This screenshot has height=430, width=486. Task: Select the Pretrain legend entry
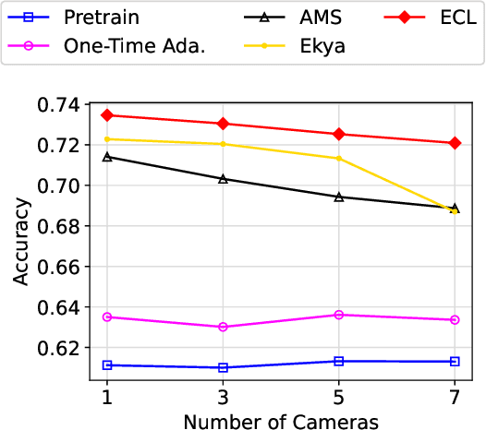[x=74, y=17]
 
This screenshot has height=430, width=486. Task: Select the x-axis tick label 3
[x=223, y=395]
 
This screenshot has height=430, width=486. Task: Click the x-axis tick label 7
[x=455, y=395]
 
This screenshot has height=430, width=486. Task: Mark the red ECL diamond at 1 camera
[x=107, y=115]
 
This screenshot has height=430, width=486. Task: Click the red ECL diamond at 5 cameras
[x=339, y=134]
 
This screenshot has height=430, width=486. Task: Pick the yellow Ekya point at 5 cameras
[x=339, y=159]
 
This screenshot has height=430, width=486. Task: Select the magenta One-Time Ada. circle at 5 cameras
[x=339, y=315]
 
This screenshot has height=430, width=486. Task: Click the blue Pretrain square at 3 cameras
[x=223, y=367]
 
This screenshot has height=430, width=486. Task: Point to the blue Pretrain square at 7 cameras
[x=455, y=361]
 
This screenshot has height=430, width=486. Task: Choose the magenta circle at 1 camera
[x=107, y=317]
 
